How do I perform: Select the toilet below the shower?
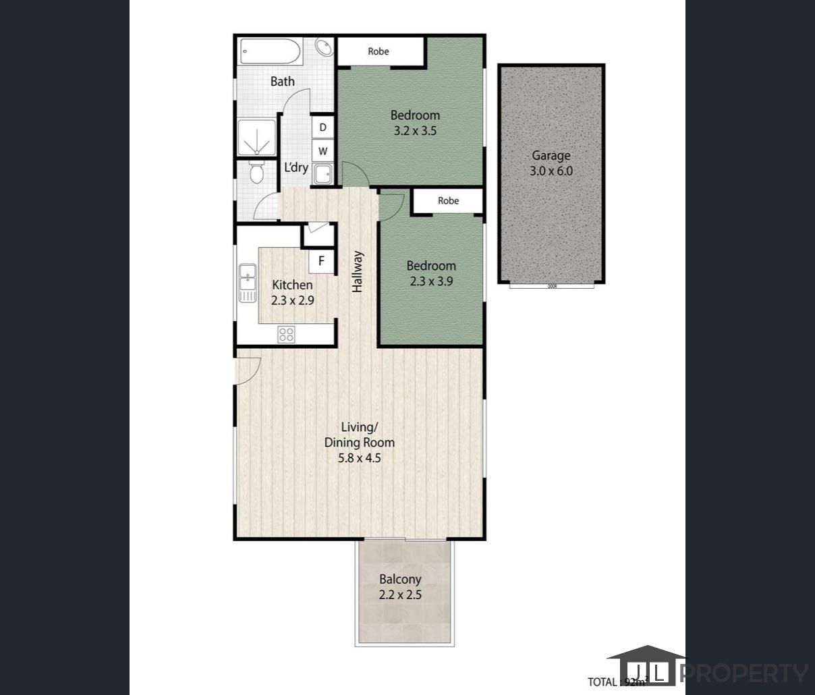tap(256, 173)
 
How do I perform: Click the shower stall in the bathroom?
tap(256, 138)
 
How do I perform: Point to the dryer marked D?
tap(323, 128)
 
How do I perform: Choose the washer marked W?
tap(323, 151)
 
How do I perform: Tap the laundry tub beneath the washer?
tap(322, 173)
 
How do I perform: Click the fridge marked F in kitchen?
tap(322, 260)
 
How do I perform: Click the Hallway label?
tap(358, 272)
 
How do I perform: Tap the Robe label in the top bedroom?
tap(378, 51)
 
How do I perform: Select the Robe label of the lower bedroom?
tap(448, 200)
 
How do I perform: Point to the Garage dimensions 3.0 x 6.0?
tap(551, 171)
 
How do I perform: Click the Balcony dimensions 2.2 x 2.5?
tap(400, 595)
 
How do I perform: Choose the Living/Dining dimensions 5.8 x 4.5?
tap(360, 459)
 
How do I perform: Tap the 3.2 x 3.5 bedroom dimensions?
tap(415, 131)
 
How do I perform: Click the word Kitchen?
tap(292, 285)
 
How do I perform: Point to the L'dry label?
tap(296, 167)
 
